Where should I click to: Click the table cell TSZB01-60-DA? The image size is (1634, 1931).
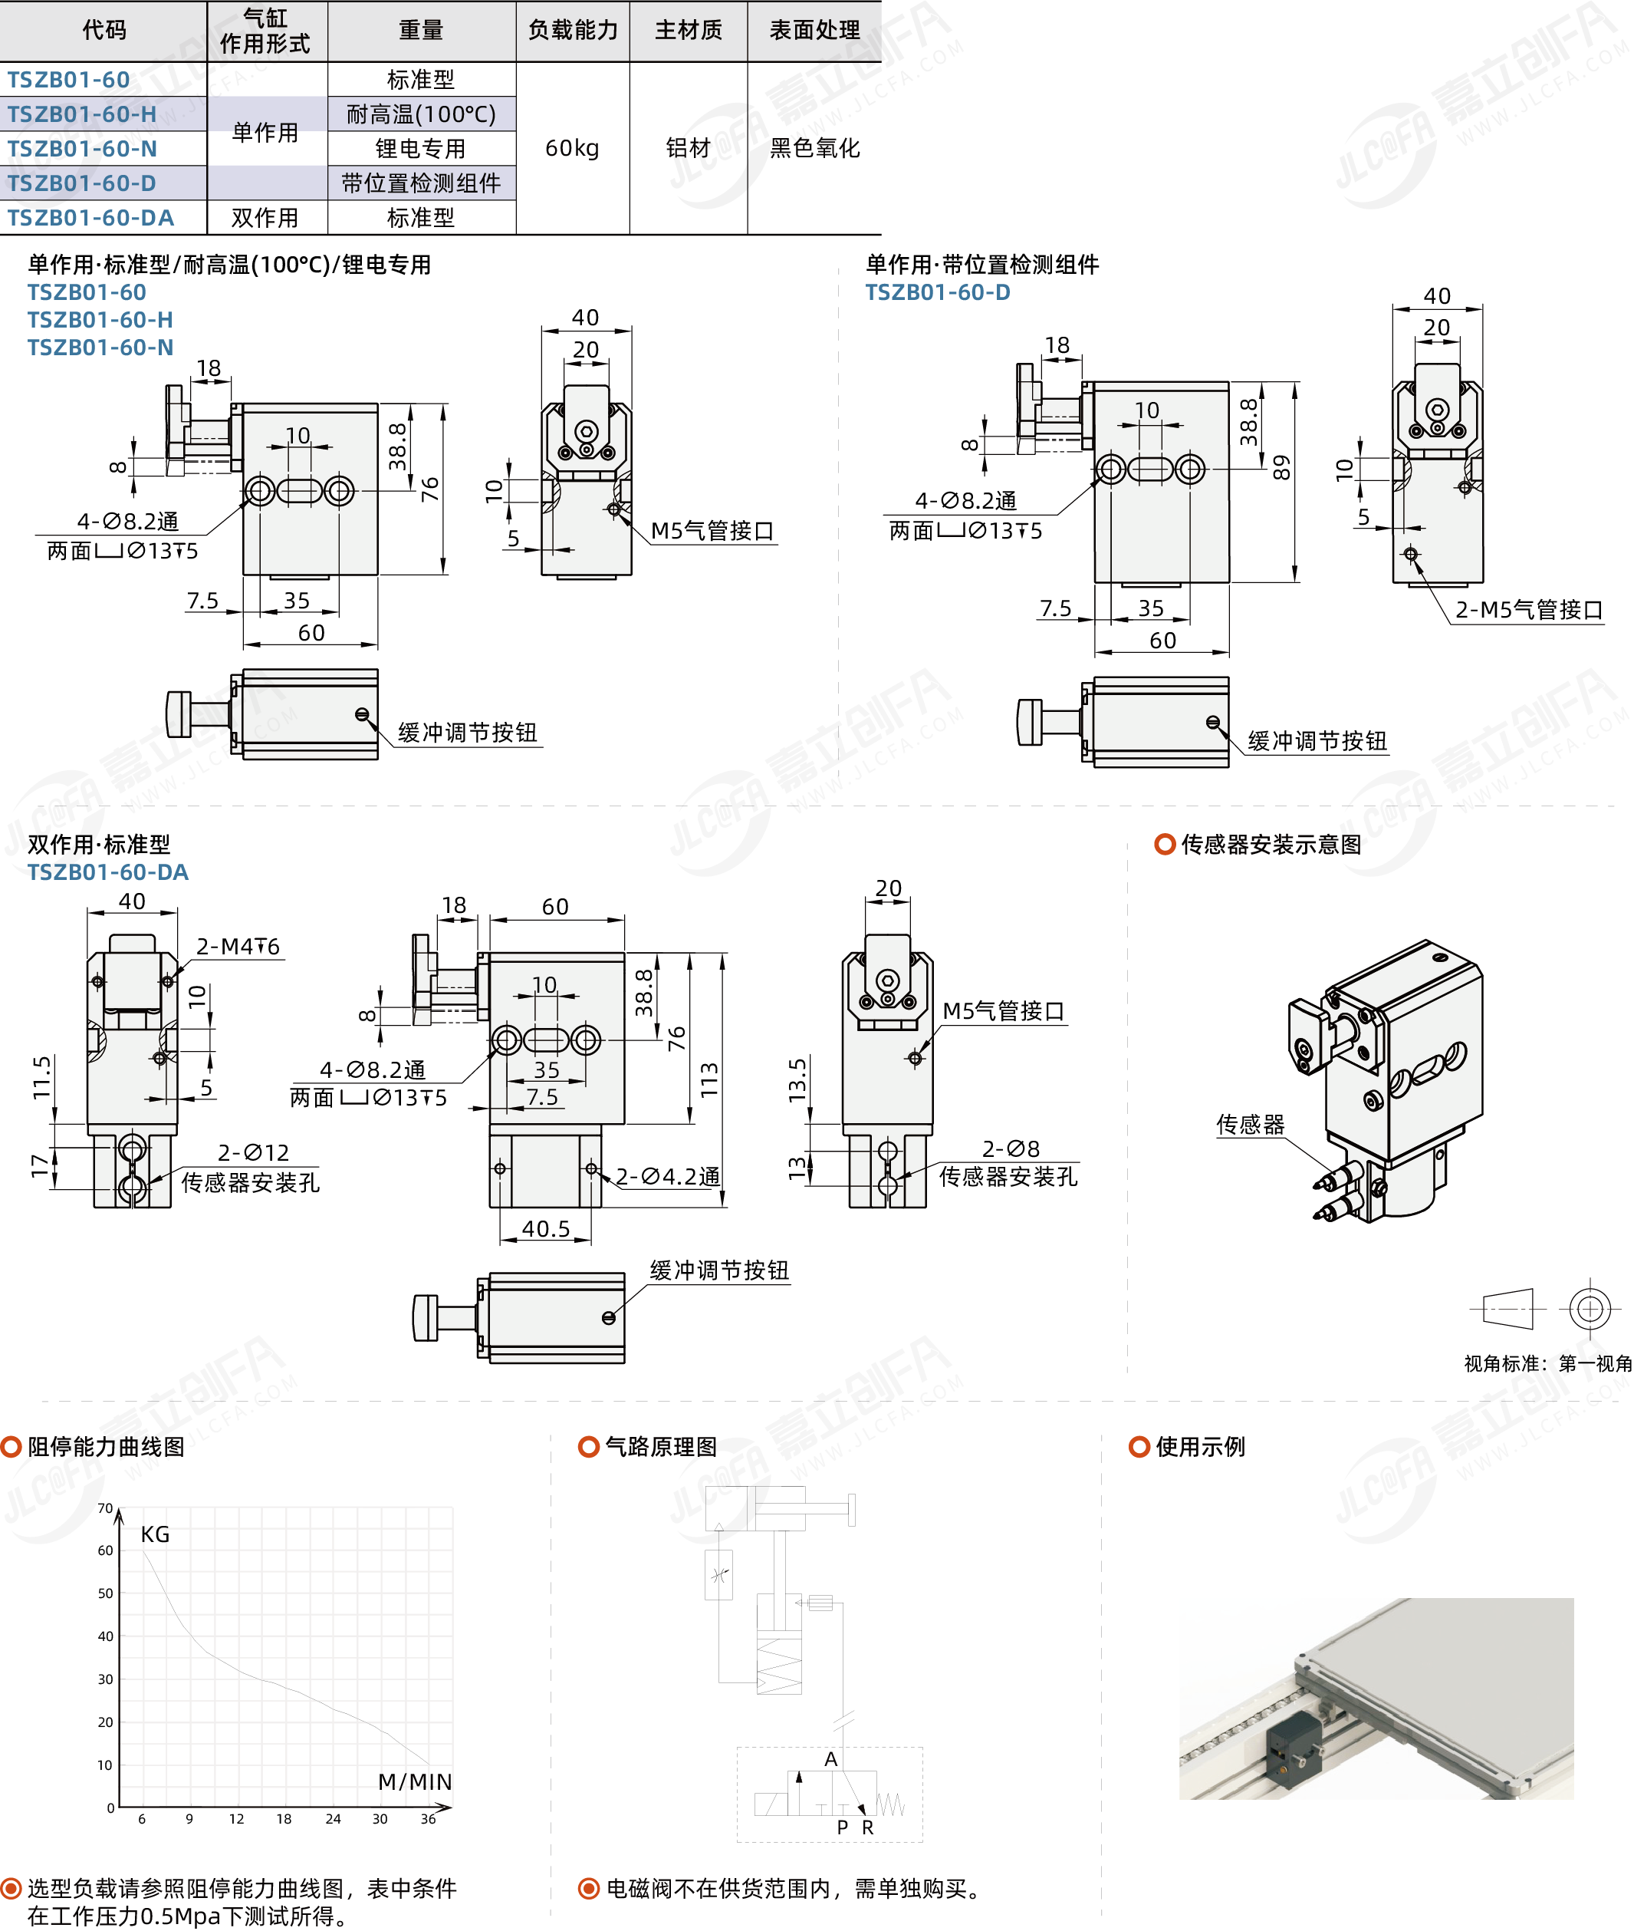coord(90,218)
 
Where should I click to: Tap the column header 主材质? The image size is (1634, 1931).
coord(689,31)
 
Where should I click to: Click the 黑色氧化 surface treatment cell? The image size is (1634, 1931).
coord(814,148)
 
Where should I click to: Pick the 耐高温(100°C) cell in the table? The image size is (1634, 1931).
coord(422,114)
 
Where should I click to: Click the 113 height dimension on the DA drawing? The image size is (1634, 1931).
coord(709,1079)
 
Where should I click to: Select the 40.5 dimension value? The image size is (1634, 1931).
coord(546,1229)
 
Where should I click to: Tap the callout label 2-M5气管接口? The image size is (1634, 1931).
coord(1528,610)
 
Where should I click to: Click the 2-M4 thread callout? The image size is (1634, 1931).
coord(237,946)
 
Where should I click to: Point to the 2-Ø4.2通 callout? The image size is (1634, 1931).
coord(668,1177)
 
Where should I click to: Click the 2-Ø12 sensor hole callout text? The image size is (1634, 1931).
coord(253,1152)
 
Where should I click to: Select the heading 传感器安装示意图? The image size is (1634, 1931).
coord(1271,844)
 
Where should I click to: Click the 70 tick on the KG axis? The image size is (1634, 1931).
coord(106,1508)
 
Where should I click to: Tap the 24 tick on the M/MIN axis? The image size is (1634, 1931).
coord(333,1819)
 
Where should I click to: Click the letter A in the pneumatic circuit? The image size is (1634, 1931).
coord(831,1758)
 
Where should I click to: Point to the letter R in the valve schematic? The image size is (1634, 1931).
coord(868,1827)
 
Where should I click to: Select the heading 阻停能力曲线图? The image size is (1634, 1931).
coord(106,1446)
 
